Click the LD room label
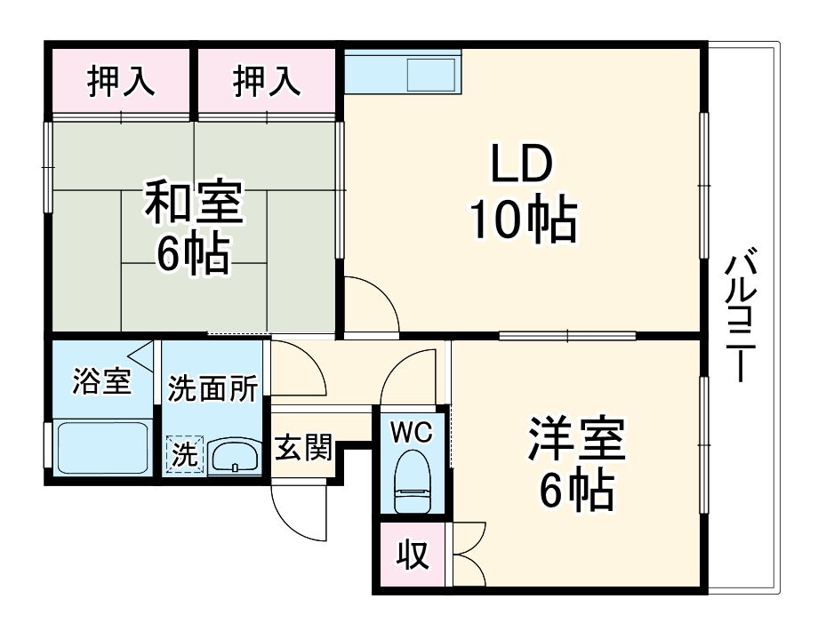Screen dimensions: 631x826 click(524, 164)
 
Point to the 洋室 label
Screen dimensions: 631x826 click(577, 438)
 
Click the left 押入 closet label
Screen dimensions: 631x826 click(121, 81)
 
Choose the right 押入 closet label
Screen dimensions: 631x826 click(267, 81)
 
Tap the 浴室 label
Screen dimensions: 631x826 click(101, 380)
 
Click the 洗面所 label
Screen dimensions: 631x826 click(213, 388)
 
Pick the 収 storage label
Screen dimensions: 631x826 click(412, 556)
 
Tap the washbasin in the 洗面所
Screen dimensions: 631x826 click(235, 456)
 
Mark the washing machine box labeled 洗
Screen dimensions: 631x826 click(185, 456)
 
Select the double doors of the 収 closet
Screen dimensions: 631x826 click(468, 555)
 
